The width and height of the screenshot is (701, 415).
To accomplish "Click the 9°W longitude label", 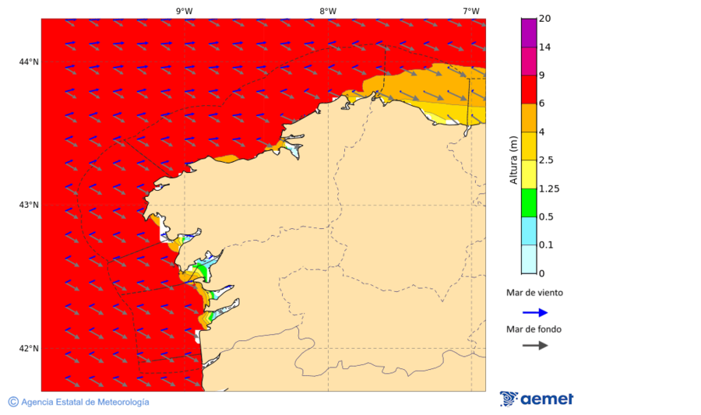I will [x=184, y=11].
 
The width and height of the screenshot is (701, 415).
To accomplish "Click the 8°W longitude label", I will [x=328, y=11].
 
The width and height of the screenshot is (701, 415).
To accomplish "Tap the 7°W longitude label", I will [x=470, y=11].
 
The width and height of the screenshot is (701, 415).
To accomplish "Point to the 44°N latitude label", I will [x=29, y=62].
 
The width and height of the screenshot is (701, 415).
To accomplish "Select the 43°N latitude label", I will [x=29, y=205].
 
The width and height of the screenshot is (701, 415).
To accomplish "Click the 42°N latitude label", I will [x=29, y=348].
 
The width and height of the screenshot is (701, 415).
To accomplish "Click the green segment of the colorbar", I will [x=529, y=202].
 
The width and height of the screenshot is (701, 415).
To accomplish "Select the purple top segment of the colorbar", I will [x=529, y=33].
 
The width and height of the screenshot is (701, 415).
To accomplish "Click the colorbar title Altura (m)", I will [x=513, y=159].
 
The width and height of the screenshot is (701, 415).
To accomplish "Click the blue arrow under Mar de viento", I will [x=534, y=312].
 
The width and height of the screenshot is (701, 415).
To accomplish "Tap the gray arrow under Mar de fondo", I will [x=534, y=345].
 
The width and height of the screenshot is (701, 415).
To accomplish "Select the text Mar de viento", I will [x=534, y=293].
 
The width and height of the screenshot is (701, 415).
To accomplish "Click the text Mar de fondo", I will [x=534, y=329].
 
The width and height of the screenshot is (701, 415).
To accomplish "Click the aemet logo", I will [x=537, y=399].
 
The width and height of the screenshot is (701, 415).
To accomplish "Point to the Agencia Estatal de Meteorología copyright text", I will [x=79, y=402].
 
